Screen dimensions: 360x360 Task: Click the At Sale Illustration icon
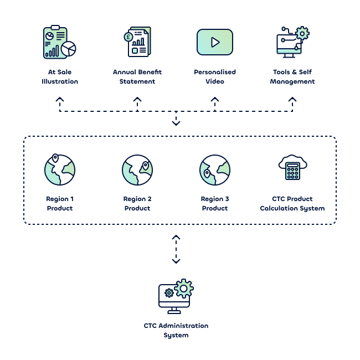point(59,43)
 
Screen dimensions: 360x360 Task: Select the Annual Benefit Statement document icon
point(137,42)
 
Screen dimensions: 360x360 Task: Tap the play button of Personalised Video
point(215,42)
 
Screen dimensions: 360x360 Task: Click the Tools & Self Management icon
point(292,42)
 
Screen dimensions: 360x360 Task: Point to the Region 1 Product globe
point(59,169)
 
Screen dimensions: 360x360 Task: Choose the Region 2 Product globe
point(137,169)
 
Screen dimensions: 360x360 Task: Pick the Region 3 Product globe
point(215,169)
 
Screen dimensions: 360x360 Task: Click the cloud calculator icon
point(292,167)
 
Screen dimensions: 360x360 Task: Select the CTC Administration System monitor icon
point(174,298)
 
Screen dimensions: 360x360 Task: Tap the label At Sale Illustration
point(60,77)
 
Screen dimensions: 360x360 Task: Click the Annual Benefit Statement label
point(137,77)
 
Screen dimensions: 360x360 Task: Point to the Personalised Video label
point(215,77)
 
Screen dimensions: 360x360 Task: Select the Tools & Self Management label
point(292,77)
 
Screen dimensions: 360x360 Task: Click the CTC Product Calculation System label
point(292,204)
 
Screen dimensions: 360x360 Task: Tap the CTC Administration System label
point(176,331)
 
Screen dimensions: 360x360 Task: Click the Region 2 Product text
point(137,204)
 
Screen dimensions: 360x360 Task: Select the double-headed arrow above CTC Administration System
point(176,249)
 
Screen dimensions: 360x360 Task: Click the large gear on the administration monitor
point(183,288)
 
